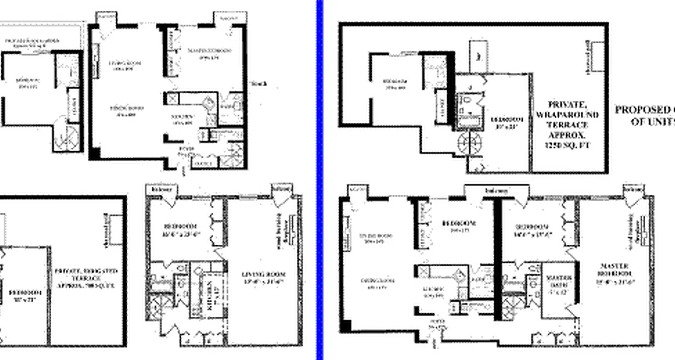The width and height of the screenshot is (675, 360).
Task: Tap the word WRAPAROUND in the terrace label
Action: tap(567, 115)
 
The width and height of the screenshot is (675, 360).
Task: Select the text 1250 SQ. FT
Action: tap(567, 145)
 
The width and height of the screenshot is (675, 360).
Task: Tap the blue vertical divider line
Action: tap(320, 180)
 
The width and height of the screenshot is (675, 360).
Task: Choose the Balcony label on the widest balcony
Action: tap(496, 191)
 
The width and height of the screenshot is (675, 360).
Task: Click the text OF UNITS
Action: tap(652, 121)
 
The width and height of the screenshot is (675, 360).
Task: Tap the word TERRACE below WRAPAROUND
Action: tap(567, 125)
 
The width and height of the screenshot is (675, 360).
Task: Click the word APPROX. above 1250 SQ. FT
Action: tap(567, 135)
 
